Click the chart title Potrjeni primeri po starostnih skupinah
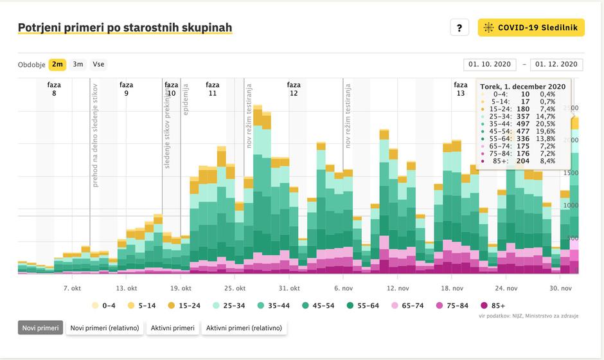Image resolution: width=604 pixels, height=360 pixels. (125, 28)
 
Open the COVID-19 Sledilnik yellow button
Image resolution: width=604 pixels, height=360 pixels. (531, 27)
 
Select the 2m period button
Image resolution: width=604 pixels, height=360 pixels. (57, 64)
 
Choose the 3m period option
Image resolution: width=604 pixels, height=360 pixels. (78, 64)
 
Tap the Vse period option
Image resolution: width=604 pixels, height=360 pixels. (98, 64)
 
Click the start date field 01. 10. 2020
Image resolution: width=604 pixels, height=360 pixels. (490, 64)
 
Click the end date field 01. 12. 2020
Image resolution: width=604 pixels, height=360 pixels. (557, 64)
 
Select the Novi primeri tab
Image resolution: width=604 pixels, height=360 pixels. (40, 328)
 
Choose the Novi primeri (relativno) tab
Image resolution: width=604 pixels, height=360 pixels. (105, 328)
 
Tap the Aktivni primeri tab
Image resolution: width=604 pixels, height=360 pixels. (172, 328)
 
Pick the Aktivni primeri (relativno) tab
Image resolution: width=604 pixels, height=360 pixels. (245, 328)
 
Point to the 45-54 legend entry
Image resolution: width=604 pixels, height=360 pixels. (319, 305)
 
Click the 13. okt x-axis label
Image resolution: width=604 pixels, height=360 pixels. (127, 289)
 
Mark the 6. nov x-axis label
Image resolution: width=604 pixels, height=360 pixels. (344, 289)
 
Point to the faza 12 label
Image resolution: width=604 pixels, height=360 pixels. (294, 89)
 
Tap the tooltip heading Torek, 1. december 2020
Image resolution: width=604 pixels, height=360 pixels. (522, 86)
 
